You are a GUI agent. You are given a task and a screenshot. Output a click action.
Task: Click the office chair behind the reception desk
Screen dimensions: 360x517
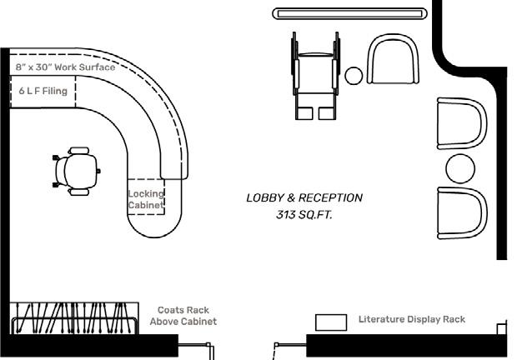click(x=77, y=171)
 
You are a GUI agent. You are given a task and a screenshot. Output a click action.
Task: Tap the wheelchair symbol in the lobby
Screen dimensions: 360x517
click(x=315, y=76)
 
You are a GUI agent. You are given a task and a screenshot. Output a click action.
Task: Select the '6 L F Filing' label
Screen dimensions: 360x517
click(x=43, y=92)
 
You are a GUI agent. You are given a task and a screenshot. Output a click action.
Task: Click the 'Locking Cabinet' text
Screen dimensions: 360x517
click(x=146, y=199)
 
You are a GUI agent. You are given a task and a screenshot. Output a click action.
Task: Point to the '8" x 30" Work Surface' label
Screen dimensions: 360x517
click(x=64, y=67)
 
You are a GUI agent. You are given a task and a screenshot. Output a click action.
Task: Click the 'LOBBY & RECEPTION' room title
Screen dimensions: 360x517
click(x=304, y=198)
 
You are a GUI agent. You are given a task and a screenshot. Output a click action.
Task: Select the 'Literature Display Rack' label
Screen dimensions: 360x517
click(x=412, y=319)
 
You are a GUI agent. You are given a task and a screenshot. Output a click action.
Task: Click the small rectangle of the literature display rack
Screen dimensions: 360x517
click(x=331, y=322)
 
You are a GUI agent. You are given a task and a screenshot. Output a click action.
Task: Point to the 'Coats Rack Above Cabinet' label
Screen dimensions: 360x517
click(x=183, y=316)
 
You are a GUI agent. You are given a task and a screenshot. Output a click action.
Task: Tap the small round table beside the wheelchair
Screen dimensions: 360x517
click(x=354, y=76)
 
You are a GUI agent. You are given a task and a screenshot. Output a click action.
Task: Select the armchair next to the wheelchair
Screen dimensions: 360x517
click(x=393, y=60)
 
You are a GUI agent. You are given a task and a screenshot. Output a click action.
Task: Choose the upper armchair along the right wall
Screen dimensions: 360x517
click(x=461, y=123)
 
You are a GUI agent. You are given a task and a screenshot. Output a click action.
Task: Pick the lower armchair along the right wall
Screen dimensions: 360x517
click(x=461, y=213)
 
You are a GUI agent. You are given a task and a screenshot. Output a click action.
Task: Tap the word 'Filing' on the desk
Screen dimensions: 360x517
click(x=54, y=92)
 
